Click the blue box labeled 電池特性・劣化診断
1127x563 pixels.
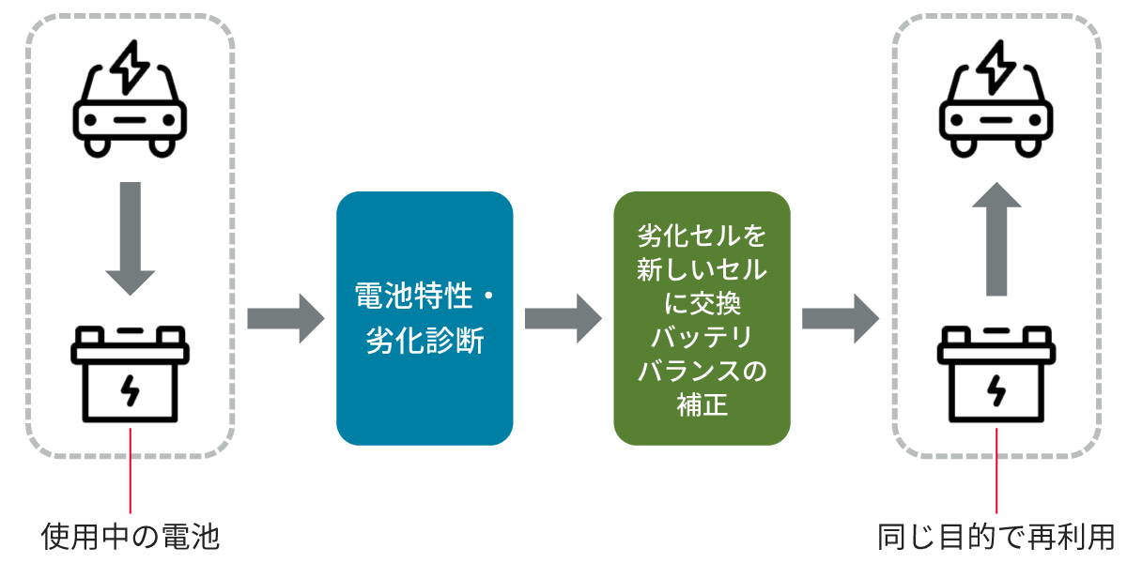point(425,317)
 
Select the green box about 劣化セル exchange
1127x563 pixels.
point(702,317)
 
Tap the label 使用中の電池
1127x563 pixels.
point(131,537)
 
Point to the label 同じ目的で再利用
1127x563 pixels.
point(996,537)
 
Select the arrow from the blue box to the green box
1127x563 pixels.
point(563,318)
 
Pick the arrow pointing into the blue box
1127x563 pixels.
point(286,318)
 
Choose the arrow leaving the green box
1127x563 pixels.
point(840,318)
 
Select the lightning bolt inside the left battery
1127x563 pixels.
point(131,390)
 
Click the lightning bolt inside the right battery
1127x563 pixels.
point(996,390)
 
